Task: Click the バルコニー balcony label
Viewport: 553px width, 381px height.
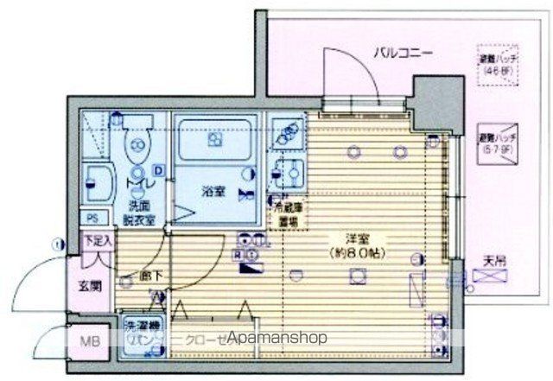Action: coord(403,53)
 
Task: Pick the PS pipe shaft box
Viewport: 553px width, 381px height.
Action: coord(92,217)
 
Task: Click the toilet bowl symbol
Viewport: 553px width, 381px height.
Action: coord(137,149)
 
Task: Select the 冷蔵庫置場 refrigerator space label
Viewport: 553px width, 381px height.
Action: coord(289,213)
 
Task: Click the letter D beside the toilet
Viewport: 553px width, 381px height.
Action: coord(158,170)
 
